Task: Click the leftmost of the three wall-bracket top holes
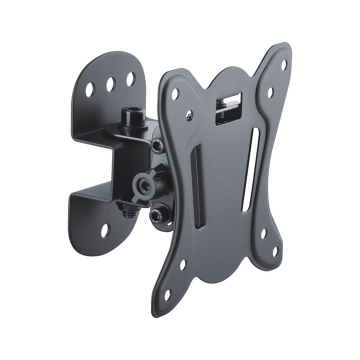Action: (x=90, y=89)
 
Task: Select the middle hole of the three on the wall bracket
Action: (x=110, y=84)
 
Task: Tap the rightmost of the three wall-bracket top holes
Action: (x=130, y=79)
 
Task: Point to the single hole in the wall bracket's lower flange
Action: (x=104, y=230)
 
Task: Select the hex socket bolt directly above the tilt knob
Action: (x=157, y=145)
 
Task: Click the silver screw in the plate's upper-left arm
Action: (x=189, y=115)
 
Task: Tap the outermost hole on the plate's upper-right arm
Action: (x=284, y=65)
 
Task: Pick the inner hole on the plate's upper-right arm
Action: (x=270, y=92)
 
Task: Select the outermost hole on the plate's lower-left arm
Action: (x=168, y=295)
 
